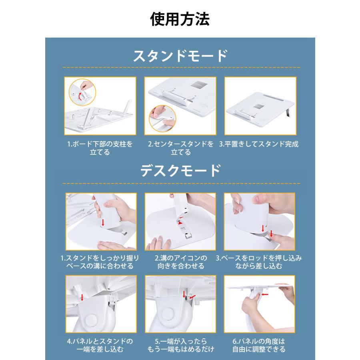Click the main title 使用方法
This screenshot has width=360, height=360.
coord(180,19)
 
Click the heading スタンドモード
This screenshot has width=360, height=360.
coord(180,56)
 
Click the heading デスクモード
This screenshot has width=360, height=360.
coord(180,171)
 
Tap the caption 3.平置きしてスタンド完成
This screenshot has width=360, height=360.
coord(259,144)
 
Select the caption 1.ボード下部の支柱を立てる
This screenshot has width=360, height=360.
coord(100,148)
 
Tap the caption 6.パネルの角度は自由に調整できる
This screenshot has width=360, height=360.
coord(259,345)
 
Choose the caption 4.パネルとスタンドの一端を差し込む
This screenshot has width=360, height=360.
coord(100,345)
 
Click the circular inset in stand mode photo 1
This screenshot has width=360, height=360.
coord(82,92)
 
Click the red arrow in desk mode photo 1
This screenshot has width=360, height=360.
coord(103,222)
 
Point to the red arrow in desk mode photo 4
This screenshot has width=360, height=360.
coord(82,297)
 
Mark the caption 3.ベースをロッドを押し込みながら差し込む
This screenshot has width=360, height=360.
coord(259,262)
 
